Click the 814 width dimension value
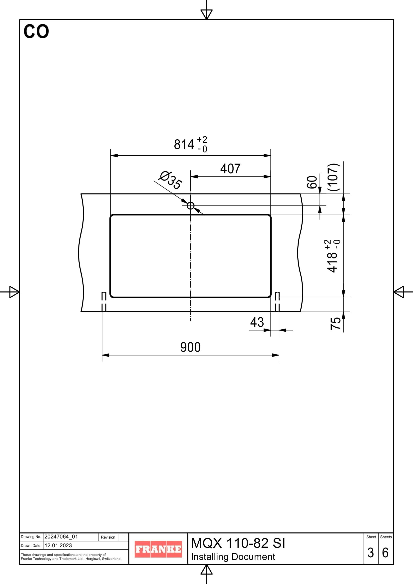184,145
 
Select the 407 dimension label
230,169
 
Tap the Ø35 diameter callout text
170,180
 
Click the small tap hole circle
191,205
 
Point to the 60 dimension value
312,182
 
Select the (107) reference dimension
334,177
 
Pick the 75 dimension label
336,324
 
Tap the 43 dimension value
257,322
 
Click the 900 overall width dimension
190,347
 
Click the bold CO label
36,32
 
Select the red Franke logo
158,549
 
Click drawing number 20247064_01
61,537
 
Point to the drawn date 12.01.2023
58,545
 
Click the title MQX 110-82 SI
238,543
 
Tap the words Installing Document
233,557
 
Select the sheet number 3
371,553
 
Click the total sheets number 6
385,553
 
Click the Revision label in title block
108,537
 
